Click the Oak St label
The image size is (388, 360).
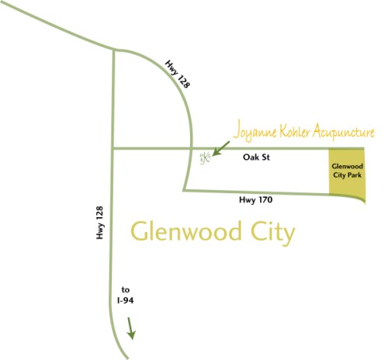click(256, 157)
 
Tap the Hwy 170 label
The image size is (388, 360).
click(256, 200)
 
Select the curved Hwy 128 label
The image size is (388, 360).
click(178, 74)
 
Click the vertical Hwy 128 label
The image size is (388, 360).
click(99, 223)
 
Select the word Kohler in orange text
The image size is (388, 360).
click(294, 131)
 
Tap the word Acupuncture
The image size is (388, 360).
click(344, 132)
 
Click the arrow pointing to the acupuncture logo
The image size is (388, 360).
click(221, 148)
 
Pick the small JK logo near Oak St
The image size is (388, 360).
click(205, 157)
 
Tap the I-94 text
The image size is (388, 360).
click(126, 300)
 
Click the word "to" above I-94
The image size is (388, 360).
click(126, 290)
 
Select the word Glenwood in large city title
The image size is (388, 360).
click(186, 230)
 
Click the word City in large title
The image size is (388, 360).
click(273, 232)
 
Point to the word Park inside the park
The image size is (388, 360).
click(354, 175)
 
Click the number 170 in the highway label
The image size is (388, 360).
click(265, 199)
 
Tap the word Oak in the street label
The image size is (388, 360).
click(250, 157)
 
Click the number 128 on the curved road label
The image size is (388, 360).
click(183, 82)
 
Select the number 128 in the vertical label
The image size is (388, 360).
click(99, 213)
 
